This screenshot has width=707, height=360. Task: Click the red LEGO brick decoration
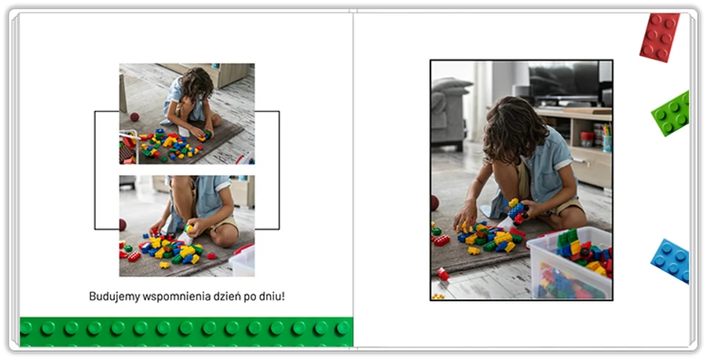click(x=660, y=37)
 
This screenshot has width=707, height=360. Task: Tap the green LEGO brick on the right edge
click(x=672, y=113)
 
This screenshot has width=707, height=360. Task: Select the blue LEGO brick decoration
click(x=671, y=261)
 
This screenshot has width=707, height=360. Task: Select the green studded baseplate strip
click(x=186, y=332)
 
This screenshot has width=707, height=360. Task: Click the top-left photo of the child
click(x=187, y=114)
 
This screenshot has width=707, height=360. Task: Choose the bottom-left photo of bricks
click(x=187, y=226)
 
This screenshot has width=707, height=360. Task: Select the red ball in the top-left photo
click(x=134, y=117)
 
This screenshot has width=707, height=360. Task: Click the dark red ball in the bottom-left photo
click(x=123, y=225)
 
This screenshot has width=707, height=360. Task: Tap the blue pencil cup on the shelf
click(x=607, y=144)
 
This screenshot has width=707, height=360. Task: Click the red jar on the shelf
click(x=587, y=139)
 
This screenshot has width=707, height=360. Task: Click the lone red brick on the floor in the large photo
click(x=442, y=274)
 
